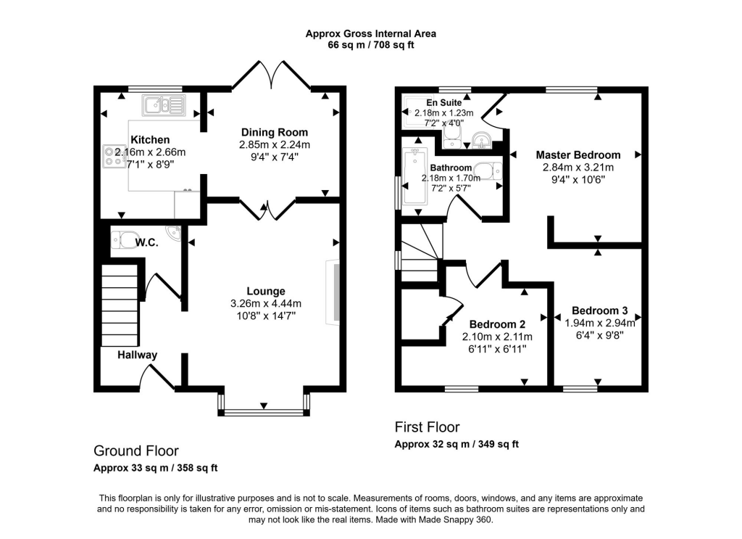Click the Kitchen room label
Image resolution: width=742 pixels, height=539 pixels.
pyautogui.click(x=150, y=139)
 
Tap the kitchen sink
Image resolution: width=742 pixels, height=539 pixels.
pyautogui.click(x=164, y=106)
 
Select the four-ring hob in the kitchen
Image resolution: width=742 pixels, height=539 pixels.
pyautogui.click(x=114, y=157)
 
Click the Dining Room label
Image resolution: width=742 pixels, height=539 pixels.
pyautogui.click(x=274, y=132)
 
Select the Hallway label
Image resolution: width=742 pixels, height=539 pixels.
pyautogui.click(x=138, y=355)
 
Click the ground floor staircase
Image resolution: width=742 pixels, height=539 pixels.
pyautogui.click(x=120, y=305)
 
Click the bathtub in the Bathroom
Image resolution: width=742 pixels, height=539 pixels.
pyautogui.click(x=416, y=178)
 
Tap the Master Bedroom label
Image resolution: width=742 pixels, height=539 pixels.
pyautogui.click(x=578, y=155)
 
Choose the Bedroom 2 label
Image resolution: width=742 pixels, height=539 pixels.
pyautogui.click(x=497, y=324)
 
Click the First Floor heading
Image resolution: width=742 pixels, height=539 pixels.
pyautogui.click(x=427, y=427)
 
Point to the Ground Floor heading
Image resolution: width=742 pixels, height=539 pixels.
pyautogui.click(x=136, y=450)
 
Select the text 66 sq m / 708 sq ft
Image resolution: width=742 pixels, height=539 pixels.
pyautogui.click(x=370, y=45)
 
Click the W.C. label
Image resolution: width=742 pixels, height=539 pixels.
pyautogui.click(x=146, y=243)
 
